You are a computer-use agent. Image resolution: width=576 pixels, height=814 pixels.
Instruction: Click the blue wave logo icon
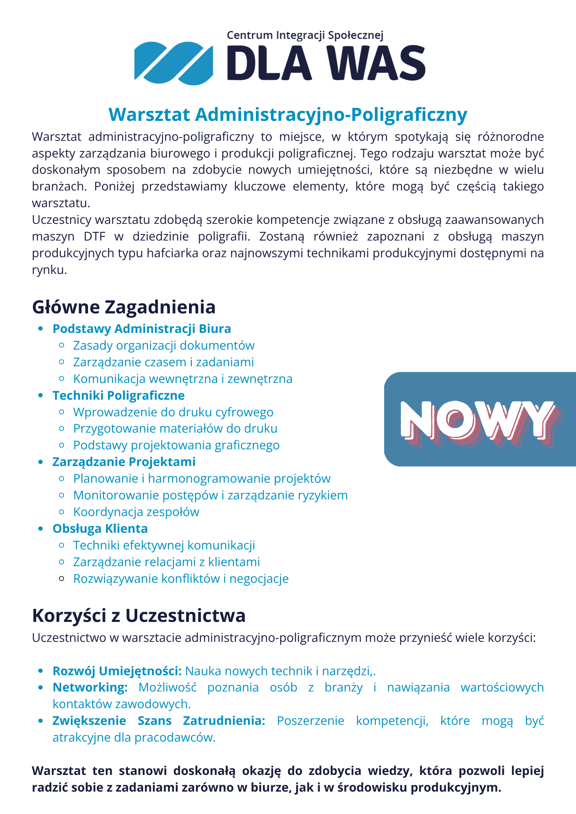click(174, 63)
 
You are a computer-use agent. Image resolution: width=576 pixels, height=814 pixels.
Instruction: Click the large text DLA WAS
click(326, 63)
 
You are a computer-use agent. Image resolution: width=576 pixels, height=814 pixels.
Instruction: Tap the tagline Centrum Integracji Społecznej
click(305, 35)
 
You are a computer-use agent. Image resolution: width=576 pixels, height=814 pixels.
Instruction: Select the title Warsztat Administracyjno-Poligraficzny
click(288, 115)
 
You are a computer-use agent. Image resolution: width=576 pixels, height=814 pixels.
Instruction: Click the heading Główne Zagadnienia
click(123, 307)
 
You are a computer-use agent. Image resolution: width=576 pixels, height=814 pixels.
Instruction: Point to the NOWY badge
click(480, 419)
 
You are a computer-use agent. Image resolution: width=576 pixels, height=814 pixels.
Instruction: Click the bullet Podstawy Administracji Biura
click(141, 328)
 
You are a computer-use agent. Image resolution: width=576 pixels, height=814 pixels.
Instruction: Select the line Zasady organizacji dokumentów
click(164, 345)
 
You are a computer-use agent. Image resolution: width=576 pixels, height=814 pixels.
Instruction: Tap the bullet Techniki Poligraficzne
click(119, 395)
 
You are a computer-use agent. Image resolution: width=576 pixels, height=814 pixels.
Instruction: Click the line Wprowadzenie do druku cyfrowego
click(173, 412)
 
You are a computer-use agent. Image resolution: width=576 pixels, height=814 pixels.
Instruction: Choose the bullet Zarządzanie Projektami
click(124, 462)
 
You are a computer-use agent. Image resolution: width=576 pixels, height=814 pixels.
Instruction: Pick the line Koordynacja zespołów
click(136, 512)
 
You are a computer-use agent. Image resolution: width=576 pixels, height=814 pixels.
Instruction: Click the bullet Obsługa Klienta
click(100, 528)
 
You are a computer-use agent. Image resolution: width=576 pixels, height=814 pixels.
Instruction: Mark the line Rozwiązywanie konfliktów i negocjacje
click(181, 578)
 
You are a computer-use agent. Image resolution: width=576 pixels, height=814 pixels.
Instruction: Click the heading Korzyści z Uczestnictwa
click(139, 615)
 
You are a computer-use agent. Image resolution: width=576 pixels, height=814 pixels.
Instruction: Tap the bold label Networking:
click(90, 687)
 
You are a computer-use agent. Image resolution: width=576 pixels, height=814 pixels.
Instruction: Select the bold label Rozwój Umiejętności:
click(117, 671)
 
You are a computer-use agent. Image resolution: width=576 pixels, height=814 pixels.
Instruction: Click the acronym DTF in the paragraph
click(95, 236)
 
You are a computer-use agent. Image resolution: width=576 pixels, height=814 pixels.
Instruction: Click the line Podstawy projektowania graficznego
click(176, 445)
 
